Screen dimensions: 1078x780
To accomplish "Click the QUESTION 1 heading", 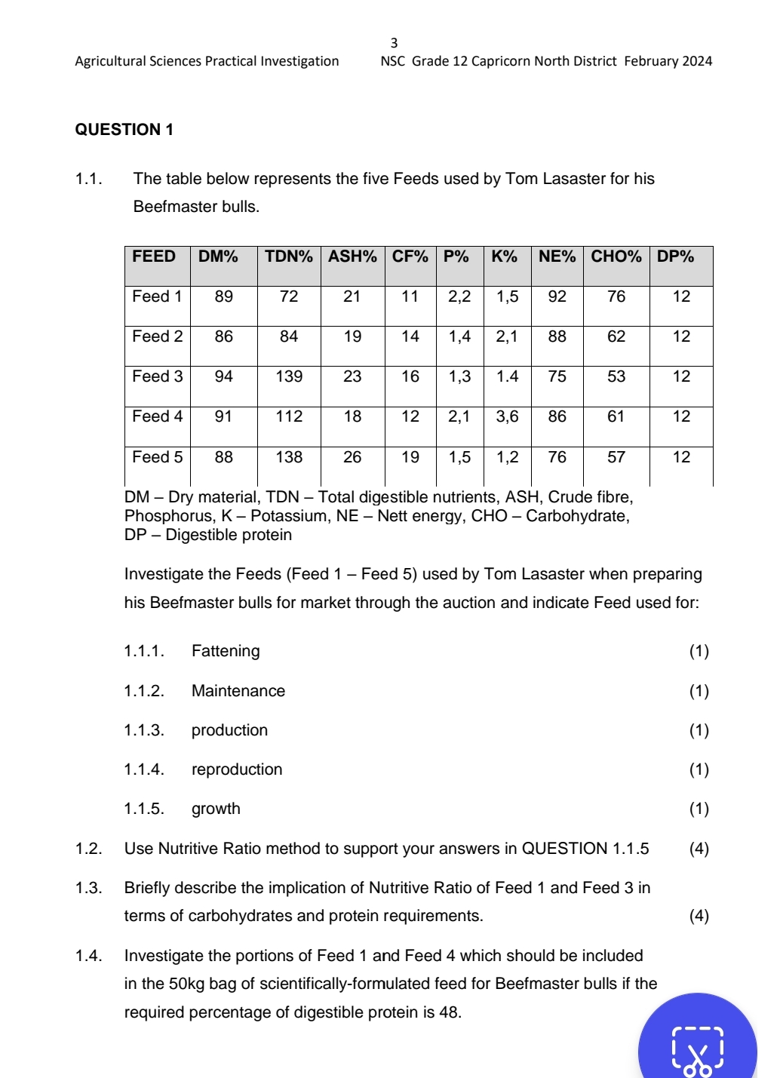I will point(124,130).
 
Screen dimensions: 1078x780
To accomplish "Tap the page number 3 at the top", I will point(394,43).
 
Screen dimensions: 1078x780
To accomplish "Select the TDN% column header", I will point(288,256).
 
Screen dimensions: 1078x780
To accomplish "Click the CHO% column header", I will point(616,256).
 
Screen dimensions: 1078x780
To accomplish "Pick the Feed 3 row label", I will point(157,376).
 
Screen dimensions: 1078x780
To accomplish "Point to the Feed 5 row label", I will point(157,457).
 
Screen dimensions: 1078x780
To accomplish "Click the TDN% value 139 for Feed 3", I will point(289,376).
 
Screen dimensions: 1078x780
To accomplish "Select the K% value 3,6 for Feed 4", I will point(507,416).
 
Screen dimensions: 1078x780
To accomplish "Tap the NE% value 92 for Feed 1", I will point(557,296).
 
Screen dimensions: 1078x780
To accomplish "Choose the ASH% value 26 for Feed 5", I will point(352,457).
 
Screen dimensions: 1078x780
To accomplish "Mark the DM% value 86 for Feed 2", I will point(223,336).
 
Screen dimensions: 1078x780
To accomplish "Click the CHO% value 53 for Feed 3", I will point(616,376).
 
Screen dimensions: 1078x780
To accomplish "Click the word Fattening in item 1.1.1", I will point(226,651).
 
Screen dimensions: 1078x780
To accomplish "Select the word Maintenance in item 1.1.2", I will point(238,691).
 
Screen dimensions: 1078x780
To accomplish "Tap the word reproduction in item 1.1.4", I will point(237,769).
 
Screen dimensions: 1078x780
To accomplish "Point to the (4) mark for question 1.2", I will point(699,849).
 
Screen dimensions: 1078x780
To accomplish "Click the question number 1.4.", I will point(88,956).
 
